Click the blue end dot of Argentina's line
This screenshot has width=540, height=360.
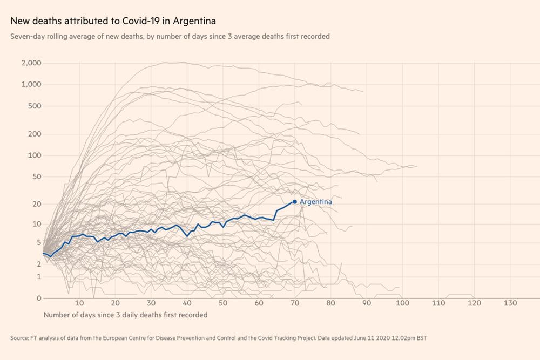point(295,202)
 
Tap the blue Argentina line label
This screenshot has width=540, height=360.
point(316,202)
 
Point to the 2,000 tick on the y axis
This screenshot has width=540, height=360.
point(31,63)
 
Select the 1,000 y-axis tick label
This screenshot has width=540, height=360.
point(31,85)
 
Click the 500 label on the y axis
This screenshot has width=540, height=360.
point(35,106)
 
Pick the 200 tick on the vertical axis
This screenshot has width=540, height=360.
point(35,134)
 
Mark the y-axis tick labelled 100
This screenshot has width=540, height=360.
point(35,155)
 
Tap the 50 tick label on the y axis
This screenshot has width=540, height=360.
point(37,176)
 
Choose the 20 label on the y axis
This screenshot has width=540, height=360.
point(37,204)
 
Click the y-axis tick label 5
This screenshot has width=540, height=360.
point(39,242)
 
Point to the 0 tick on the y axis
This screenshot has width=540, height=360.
point(39,298)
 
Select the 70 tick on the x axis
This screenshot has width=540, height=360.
point(295,303)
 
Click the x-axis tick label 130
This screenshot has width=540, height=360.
point(510,303)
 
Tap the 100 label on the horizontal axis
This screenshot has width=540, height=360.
point(402,303)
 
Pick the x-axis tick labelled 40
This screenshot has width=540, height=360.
point(187,303)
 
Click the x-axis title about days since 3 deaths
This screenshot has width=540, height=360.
point(125,314)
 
